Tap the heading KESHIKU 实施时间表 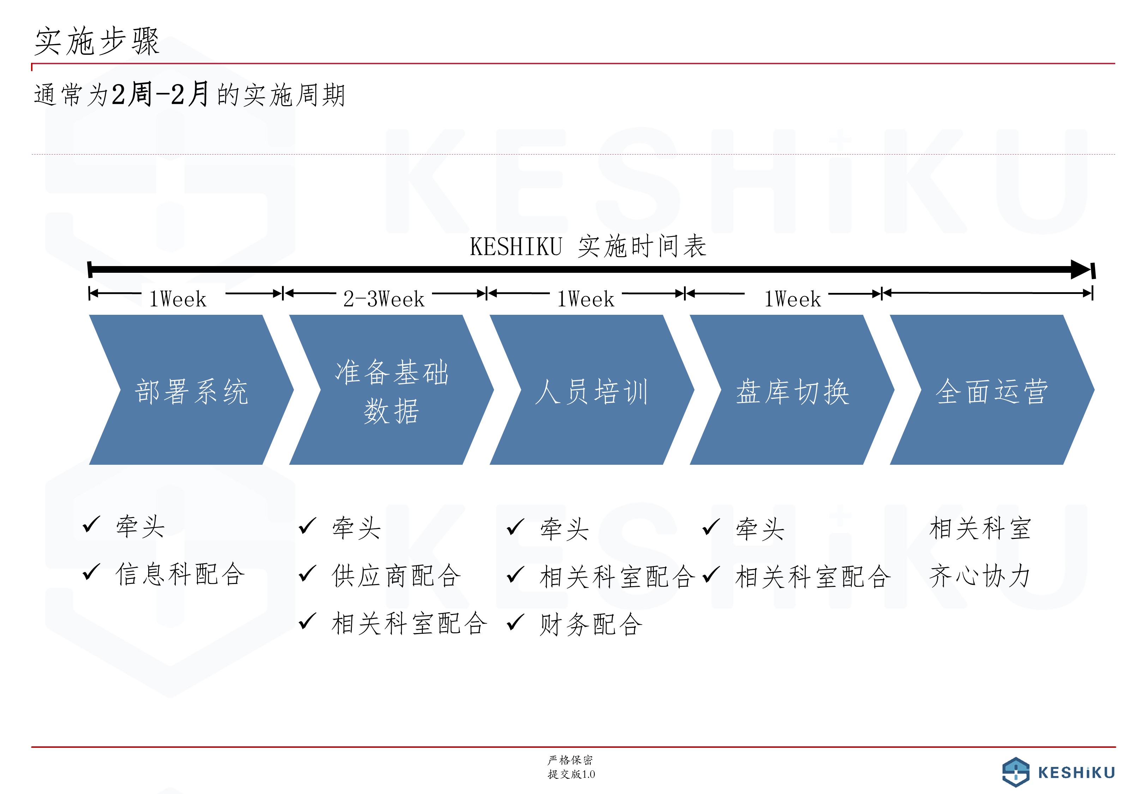[588, 246]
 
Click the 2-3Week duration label [384, 299]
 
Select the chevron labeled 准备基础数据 [391, 390]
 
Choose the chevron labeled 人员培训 [592, 390]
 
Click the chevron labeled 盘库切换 [792, 390]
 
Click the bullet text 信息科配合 [180, 574]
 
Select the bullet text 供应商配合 [396, 576]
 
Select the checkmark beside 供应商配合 [308, 573]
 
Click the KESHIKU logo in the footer [1058, 772]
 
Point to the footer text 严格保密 [571, 760]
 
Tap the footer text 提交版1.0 [571, 774]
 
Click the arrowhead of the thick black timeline [1081, 270]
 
